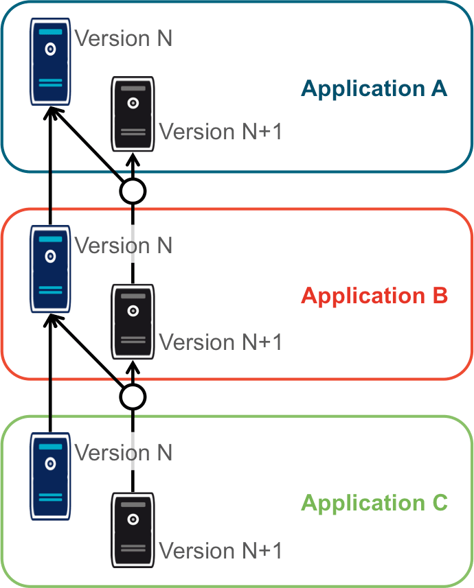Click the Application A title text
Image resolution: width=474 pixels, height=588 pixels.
[x=374, y=89]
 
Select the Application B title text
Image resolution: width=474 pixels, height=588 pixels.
[x=374, y=296]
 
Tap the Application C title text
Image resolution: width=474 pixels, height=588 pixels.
[x=374, y=503]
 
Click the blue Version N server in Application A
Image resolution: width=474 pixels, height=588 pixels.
[x=50, y=62]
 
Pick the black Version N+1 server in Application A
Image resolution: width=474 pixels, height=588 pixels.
[x=133, y=114]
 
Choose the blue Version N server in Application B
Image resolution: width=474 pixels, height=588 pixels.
[x=50, y=269]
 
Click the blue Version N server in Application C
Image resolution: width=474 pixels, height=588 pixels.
[x=50, y=476]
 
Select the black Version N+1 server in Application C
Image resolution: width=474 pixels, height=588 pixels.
[x=133, y=528]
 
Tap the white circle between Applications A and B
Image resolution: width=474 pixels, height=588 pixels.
[x=133, y=191]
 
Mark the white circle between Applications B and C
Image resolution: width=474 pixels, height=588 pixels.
[x=133, y=396]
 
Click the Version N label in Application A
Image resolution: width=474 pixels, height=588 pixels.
[x=123, y=38]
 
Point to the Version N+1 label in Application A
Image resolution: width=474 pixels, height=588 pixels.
[x=221, y=131]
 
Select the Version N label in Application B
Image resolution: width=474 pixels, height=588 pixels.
[x=123, y=245]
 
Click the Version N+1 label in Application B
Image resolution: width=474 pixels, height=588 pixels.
[x=221, y=341]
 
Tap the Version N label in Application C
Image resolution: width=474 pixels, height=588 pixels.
[x=123, y=452]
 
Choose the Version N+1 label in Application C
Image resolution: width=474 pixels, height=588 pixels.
[x=221, y=550]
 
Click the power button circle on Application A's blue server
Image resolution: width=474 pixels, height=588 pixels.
[x=50, y=49]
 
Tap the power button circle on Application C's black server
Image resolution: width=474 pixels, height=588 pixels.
[x=133, y=519]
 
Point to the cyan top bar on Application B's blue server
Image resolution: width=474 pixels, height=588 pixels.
[x=50, y=239]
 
